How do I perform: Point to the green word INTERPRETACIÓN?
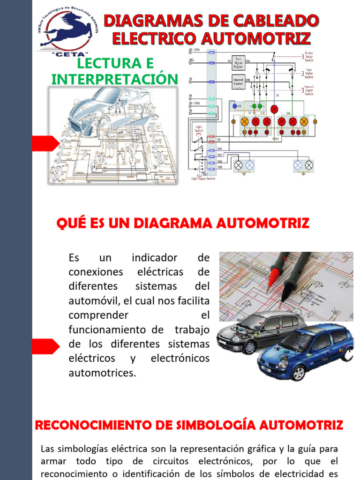[x=115, y=79]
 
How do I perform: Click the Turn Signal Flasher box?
[x=239, y=62]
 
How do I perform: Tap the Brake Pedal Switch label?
[x=309, y=57]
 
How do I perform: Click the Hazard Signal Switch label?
[x=309, y=90]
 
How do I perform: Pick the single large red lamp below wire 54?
[x=274, y=109]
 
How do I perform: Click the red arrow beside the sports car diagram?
[x=45, y=142]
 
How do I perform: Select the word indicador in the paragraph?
[x=155, y=258]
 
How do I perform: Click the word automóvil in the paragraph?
[x=94, y=300]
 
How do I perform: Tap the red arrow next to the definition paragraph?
[x=45, y=346]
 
